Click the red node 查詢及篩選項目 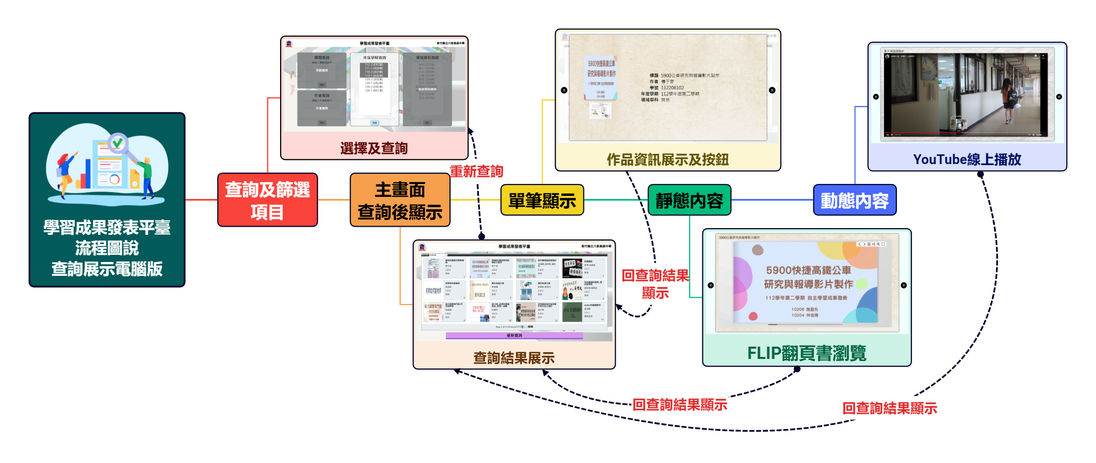click(x=267, y=200)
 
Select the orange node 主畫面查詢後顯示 click(x=400, y=200)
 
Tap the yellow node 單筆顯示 click(x=542, y=200)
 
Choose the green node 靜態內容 click(x=689, y=200)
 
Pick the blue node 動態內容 click(x=854, y=200)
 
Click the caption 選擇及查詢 click(x=374, y=148)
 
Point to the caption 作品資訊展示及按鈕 click(x=668, y=159)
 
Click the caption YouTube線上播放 click(x=967, y=159)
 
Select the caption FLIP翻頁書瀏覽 click(x=806, y=353)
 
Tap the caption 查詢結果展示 click(x=514, y=357)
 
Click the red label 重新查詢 click(x=476, y=171)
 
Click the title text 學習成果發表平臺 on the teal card click(x=107, y=227)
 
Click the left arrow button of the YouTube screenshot click(x=876, y=96)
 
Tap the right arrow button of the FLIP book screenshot click(x=904, y=285)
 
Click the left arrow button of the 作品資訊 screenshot click(x=564, y=90)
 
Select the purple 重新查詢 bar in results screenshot click(x=514, y=335)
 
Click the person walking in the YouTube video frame click(x=1008, y=100)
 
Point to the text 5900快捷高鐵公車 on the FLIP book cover click(x=808, y=270)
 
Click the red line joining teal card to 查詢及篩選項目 click(x=201, y=200)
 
